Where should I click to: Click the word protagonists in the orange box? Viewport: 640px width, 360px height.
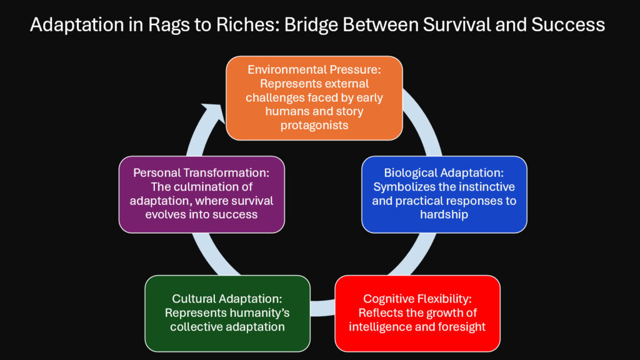314,124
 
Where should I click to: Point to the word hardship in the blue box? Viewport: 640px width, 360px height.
444,214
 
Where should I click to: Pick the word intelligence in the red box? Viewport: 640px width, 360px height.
380,326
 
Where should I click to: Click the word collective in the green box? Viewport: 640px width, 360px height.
199,326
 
